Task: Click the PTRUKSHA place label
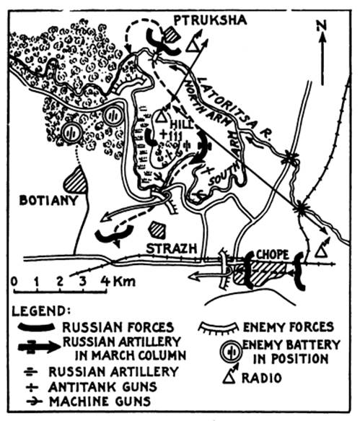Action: tap(211, 20)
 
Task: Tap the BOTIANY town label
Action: tap(48, 200)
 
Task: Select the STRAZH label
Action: tap(171, 248)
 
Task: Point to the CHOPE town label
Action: tap(273, 254)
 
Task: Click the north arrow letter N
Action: tap(322, 26)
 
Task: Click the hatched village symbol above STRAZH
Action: tap(157, 230)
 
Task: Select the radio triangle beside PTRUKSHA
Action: tap(192, 46)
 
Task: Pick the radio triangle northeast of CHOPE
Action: tap(320, 252)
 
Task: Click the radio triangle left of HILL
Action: tap(161, 117)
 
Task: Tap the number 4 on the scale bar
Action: tap(105, 281)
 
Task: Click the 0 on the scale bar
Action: tap(14, 282)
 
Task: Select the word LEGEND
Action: tap(42, 311)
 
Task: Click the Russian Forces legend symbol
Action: tap(36, 327)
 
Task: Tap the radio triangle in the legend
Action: tap(230, 378)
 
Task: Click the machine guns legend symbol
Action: tap(35, 402)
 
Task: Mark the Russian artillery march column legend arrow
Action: tap(39, 347)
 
